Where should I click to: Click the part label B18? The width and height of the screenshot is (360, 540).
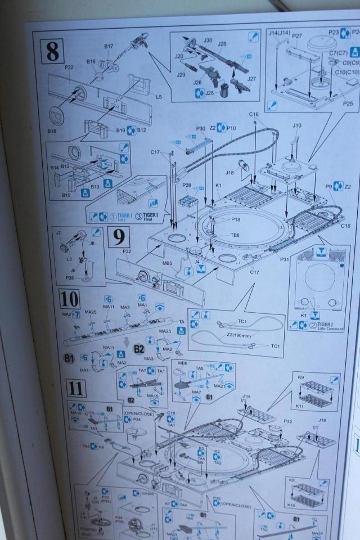(52, 131)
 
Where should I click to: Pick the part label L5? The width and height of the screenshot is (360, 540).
(159, 97)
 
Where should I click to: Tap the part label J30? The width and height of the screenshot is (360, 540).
(208, 40)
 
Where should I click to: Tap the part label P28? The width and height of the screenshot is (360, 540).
(187, 184)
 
